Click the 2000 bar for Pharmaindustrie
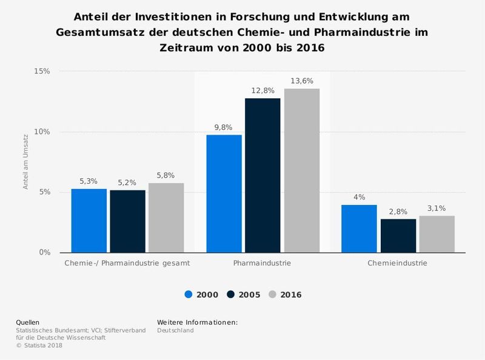point(224,193)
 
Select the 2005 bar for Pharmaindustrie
point(263,175)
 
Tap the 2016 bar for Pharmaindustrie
point(301,170)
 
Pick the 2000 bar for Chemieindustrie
point(359,228)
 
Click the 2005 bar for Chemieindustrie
point(398,236)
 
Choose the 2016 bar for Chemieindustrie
point(436,234)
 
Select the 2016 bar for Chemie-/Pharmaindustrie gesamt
point(166,218)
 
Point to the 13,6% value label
point(301,81)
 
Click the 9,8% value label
point(224,127)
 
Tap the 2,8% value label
point(398,211)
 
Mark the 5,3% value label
point(89,181)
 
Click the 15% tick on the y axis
point(42,72)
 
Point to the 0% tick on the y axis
point(44,253)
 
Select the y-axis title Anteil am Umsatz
point(26,162)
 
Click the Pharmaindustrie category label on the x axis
point(262,264)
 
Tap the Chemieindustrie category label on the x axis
point(398,264)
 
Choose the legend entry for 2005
point(245,295)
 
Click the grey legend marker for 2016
point(273,295)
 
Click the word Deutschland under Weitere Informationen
point(175,330)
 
